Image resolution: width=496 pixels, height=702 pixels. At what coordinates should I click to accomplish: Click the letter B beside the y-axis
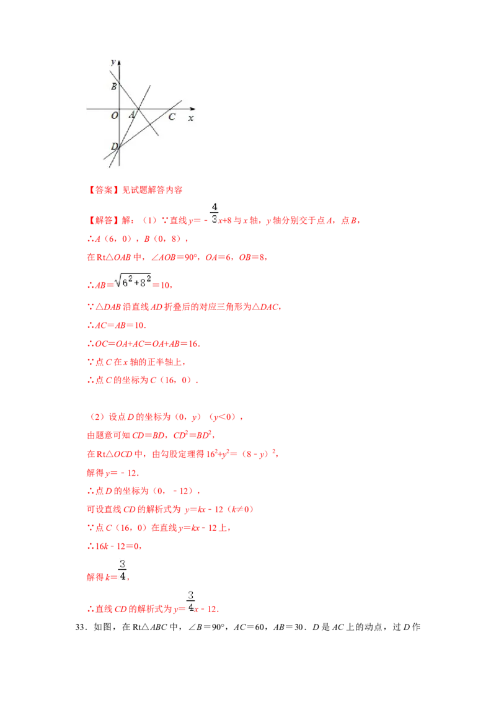(x=114, y=87)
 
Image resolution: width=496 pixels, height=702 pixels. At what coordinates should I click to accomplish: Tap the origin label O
(x=114, y=116)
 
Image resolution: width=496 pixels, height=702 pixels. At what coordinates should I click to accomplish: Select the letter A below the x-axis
(x=131, y=115)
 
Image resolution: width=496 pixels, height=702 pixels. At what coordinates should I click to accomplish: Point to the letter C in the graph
(x=172, y=117)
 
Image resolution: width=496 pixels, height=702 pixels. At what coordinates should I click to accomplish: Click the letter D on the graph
(x=114, y=146)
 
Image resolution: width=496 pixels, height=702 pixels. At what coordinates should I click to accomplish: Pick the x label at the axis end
(x=191, y=117)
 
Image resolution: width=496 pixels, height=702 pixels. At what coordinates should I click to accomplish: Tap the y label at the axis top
(x=112, y=62)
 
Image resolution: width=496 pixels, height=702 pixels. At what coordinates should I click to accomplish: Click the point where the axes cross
(x=119, y=109)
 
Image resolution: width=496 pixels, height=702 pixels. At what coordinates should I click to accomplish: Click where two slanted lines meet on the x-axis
(x=139, y=109)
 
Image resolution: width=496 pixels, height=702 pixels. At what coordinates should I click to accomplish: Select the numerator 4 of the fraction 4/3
(x=215, y=207)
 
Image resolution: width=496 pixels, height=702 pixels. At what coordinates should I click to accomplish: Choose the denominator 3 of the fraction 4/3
(x=215, y=219)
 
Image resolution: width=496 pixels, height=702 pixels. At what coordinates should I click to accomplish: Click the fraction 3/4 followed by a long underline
(x=122, y=569)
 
